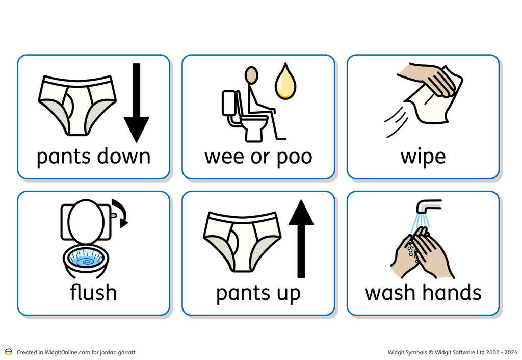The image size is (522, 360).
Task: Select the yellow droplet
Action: click(285, 82)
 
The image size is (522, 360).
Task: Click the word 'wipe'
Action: click(423, 157)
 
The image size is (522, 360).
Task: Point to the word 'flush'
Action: click(93, 292)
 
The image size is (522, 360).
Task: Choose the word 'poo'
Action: click(293, 157)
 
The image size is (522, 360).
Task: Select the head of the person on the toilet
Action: click(251, 75)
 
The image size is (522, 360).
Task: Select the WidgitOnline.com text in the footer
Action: click(68, 352)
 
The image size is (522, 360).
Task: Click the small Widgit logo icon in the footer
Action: click(8, 352)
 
